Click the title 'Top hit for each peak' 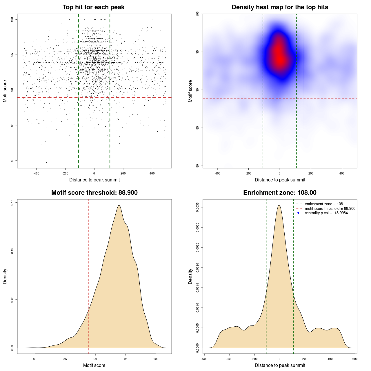pyautogui.click(x=93, y=7)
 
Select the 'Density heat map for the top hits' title pyautogui.click(x=280, y=7)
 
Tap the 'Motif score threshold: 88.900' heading pyautogui.click(x=94, y=193)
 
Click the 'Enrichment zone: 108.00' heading pyautogui.click(x=280, y=193)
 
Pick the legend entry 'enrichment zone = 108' pyautogui.click(x=324, y=204)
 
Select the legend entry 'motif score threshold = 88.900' pyautogui.click(x=330, y=209)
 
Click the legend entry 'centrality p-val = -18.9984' pyautogui.click(x=326, y=213)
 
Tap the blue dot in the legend pyautogui.click(x=298, y=213)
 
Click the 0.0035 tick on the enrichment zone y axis pyautogui.click(x=198, y=207)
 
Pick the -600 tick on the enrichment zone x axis pyautogui.click(x=204, y=359)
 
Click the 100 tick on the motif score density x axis pyautogui.click(x=156, y=359)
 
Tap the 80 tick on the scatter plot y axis pyautogui.click(x=12, y=160)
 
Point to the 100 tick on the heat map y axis pyautogui.click(x=198, y=14)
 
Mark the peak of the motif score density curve pyautogui.click(x=119, y=205)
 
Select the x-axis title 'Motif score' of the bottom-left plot pyautogui.click(x=94, y=365)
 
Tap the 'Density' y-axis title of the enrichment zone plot pyautogui.click(x=190, y=276)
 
